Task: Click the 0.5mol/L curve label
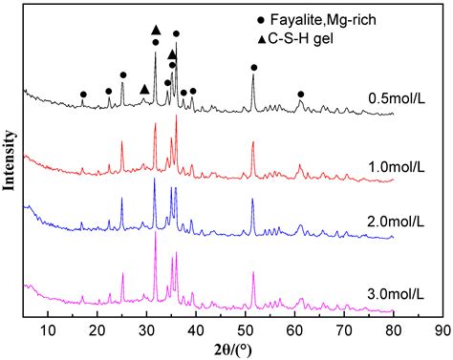click(396, 97)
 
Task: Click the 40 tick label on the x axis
click(196, 329)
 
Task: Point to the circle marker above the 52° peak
click(253, 68)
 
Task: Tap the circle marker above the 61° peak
click(301, 95)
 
